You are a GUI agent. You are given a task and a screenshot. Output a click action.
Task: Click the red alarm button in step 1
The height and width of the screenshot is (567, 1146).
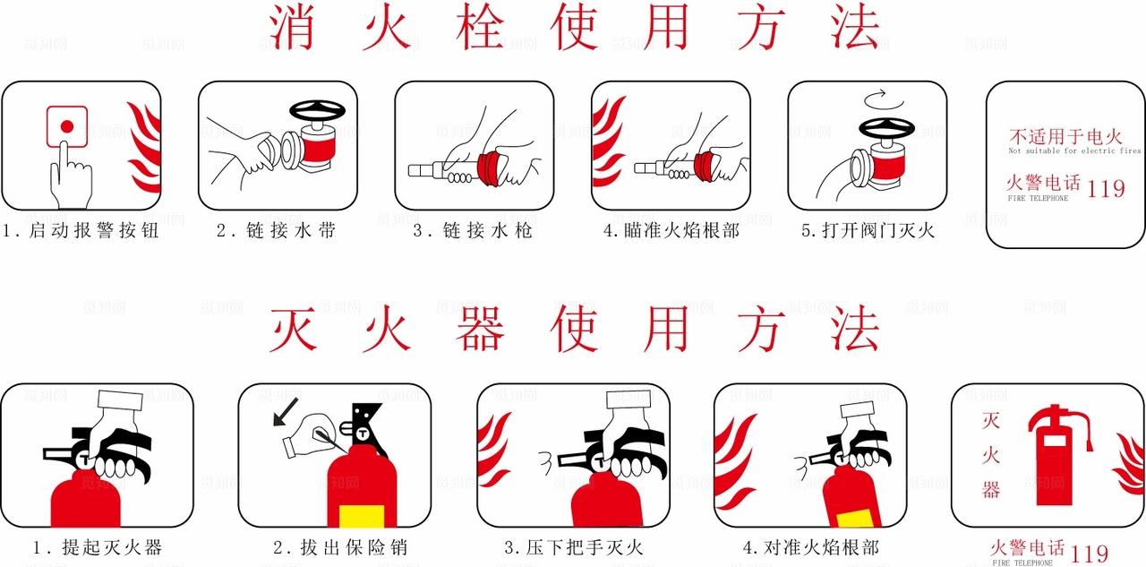[x=65, y=126]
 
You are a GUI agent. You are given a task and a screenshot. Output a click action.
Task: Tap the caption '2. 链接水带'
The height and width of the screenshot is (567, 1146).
[x=276, y=231]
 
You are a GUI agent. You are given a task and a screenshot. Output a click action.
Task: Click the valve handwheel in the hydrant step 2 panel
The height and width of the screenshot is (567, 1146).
[x=318, y=111]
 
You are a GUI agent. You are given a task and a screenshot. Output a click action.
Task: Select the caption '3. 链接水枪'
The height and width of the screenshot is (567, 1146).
[x=473, y=231]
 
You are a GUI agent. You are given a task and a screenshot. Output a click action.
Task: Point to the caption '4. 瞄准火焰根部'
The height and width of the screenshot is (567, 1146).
[x=671, y=231]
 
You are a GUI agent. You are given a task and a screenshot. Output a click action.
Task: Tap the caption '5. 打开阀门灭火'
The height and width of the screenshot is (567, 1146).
[x=867, y=231]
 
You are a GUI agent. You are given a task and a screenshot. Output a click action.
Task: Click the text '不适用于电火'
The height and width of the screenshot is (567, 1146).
[x=1065, y=137]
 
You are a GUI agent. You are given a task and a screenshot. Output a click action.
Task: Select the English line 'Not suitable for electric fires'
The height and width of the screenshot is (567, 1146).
[x=1074, y=151]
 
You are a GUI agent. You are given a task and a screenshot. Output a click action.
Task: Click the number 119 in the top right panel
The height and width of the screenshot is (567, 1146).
[x=1106, y=188]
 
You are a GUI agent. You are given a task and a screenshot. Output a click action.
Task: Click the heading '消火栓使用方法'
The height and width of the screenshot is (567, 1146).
[x=573, y=27]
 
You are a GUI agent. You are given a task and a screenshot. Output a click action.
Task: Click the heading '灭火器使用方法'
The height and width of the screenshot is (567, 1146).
[x=573, y=330]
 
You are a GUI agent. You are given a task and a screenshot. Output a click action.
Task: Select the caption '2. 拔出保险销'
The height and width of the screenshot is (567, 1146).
[x=339, y=547]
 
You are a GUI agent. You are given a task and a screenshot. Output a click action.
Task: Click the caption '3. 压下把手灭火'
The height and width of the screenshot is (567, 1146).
[x=573, y=547]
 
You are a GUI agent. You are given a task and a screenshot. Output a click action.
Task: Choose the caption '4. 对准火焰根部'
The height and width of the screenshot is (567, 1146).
[x=810, y=547]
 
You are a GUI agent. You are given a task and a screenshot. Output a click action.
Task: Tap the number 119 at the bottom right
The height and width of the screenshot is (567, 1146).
[x=1090, y=554]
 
